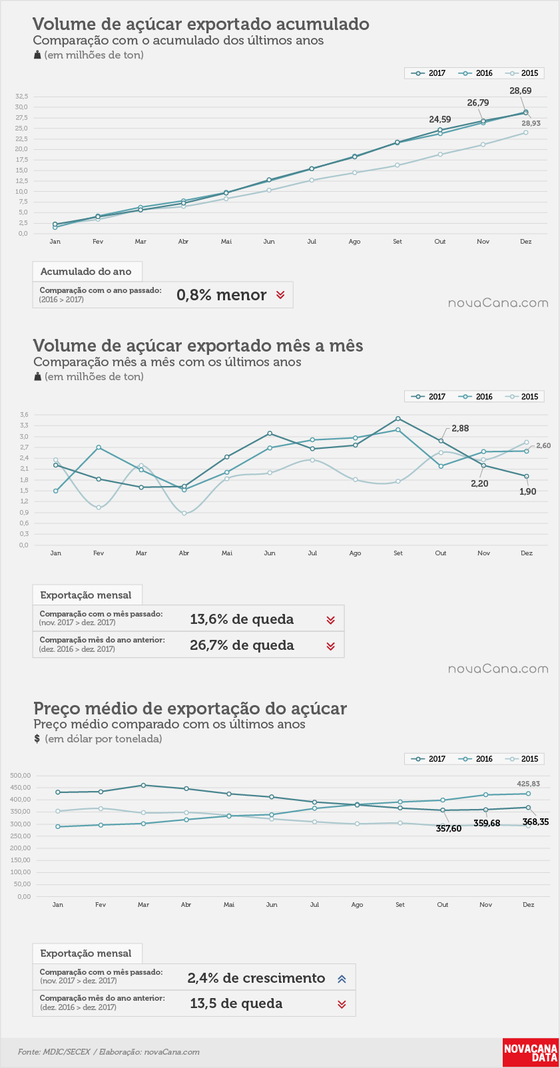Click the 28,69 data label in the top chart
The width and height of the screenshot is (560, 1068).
pos(521,91)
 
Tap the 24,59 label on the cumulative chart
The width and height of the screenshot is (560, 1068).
pos(439,119)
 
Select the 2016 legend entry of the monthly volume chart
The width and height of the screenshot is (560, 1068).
pos(475,396)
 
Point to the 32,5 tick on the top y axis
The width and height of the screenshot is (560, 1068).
pos(21,97)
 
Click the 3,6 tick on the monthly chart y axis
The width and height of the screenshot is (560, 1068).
pos(24,414)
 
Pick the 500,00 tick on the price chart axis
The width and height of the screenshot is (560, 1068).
pos(21,775)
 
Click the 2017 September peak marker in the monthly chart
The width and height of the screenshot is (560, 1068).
pos(398,419)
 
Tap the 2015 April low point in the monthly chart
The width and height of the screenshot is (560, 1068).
pos(184,513)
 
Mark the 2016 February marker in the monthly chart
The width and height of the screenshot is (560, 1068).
pos(99,447)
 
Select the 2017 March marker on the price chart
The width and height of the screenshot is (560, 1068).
pos(144,785)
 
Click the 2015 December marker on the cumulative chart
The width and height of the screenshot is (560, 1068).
pos(525,133)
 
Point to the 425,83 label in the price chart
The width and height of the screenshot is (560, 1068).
pos(529,784)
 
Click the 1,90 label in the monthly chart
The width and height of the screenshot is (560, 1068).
pos(527,491)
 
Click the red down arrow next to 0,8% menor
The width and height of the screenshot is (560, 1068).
pos(280,295)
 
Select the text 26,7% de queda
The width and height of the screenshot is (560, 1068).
pos(242,645)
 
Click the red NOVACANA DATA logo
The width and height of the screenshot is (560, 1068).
pos(531,1052)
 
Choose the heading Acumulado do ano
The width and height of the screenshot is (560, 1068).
pos(86,271)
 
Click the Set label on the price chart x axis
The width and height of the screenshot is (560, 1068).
pos(400,904)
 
